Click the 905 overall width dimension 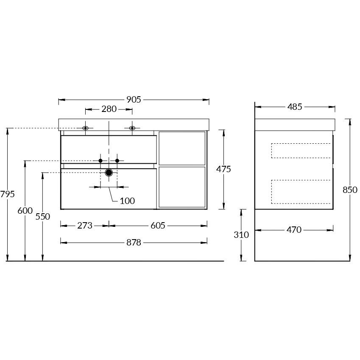pos(134,100)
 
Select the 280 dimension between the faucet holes pos(109,109)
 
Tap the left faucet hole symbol pos(86,128)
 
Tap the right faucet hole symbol pos(132,128)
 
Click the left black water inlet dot pos(100,161)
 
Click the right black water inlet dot pos(117,161)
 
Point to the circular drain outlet pos(109,173)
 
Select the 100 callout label pos(127,201)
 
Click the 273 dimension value pos(85,226)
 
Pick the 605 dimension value pos(158,226)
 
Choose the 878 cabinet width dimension pos(134,243)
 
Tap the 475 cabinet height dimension pos(223,169)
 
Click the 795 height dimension pos(8,194)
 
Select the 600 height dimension pos(25,210)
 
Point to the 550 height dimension pos(43,216)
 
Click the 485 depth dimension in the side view pos(295,107)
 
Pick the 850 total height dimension pos(350,190)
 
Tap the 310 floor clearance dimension pos(241,234)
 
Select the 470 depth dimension pos(294,230)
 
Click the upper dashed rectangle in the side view pos(301,151)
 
